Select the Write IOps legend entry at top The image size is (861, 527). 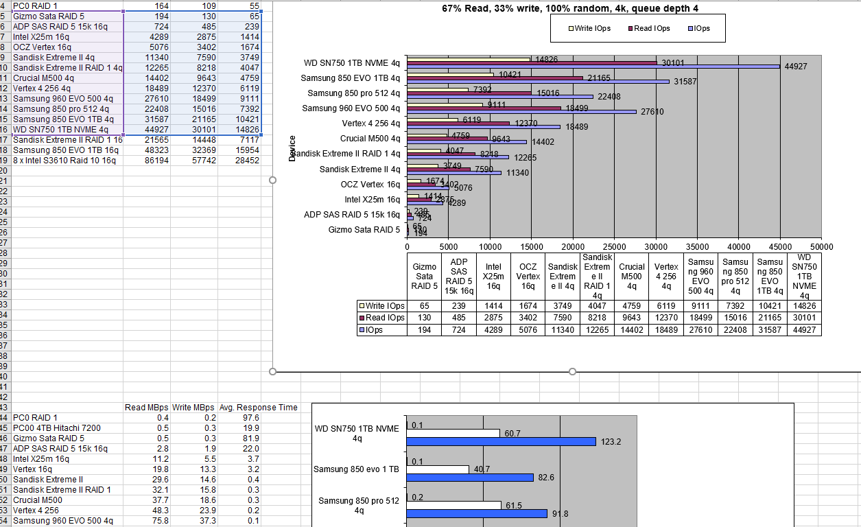click(589, 29)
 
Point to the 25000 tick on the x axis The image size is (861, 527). click(615, 247)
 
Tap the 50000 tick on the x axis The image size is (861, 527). click(821, 247)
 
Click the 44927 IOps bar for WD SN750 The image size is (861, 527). click(593, 67)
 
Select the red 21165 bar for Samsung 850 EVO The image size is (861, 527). click(495, 78)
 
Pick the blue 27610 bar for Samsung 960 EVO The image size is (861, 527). click(521, 111)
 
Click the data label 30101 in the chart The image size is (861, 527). click(673, 63)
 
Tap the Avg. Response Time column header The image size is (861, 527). click(258, 408)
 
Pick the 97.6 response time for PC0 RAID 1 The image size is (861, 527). click(251, 418)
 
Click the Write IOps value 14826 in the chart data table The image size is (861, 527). click(805, 306)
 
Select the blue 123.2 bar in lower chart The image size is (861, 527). click(501, 441)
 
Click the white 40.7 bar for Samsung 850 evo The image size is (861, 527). click(438, 469)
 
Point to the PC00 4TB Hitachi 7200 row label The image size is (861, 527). click(57, 428)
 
